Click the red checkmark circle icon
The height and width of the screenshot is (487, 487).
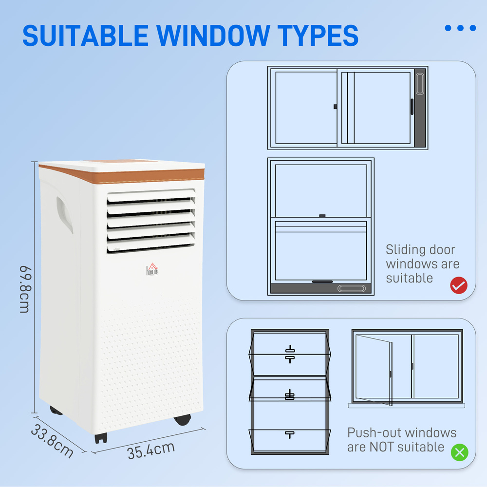coord(458,285)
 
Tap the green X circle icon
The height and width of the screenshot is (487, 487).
coord(459,452)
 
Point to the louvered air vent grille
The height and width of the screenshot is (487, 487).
coord(151,222)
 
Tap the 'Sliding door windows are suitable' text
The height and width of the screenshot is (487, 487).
coord(422,264)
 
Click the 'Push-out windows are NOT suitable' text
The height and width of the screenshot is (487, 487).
coord(401,440)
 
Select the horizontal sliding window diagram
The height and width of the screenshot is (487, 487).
coord(347,108)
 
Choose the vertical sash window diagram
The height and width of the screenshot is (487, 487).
coord(321,226)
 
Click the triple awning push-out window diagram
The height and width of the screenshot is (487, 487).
coord(290,392)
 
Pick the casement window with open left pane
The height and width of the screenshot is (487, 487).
coord(407,368)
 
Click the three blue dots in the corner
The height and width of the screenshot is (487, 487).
coord(460,28)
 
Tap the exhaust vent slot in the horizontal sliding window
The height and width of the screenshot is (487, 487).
coord(420,84)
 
